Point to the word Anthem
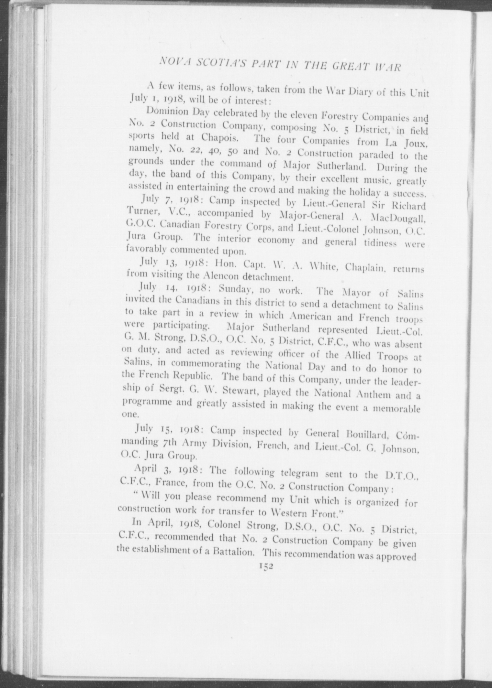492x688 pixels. click(374, 395)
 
